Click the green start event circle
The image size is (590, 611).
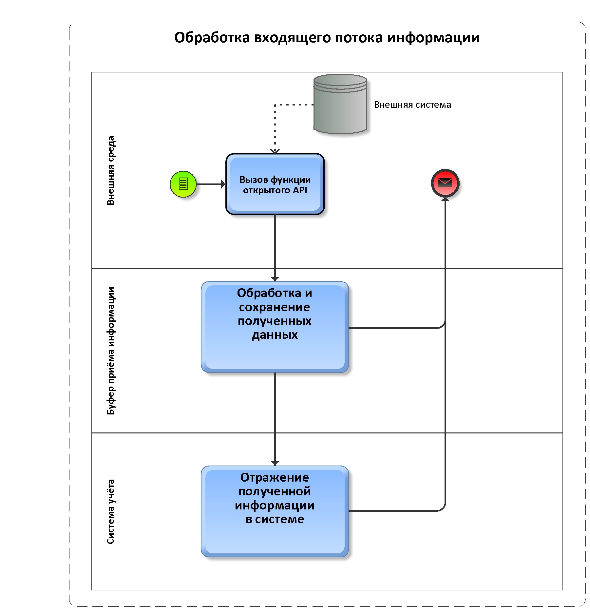pos(183,184)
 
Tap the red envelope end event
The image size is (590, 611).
pos(445,183)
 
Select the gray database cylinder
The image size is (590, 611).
pos(340,104)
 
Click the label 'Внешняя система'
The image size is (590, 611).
pos(412,105)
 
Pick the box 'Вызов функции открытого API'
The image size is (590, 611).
pos(275,184)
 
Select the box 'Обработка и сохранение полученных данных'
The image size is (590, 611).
pos(275,327)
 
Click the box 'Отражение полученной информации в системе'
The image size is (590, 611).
pos(275,511)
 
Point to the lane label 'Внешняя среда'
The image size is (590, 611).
pos(111,170)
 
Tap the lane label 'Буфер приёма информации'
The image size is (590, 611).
pos(111,351)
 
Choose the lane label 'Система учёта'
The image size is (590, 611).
pos(111,511)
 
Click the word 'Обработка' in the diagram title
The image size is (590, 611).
pos(212,37)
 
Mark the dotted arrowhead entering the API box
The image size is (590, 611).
pos(275,151)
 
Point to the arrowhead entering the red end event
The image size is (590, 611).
pos(445,199)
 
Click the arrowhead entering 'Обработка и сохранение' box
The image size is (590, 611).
pos(275,279)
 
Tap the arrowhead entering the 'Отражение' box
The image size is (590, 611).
pos(275,463)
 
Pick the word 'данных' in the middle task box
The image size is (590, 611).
pos(275,335)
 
